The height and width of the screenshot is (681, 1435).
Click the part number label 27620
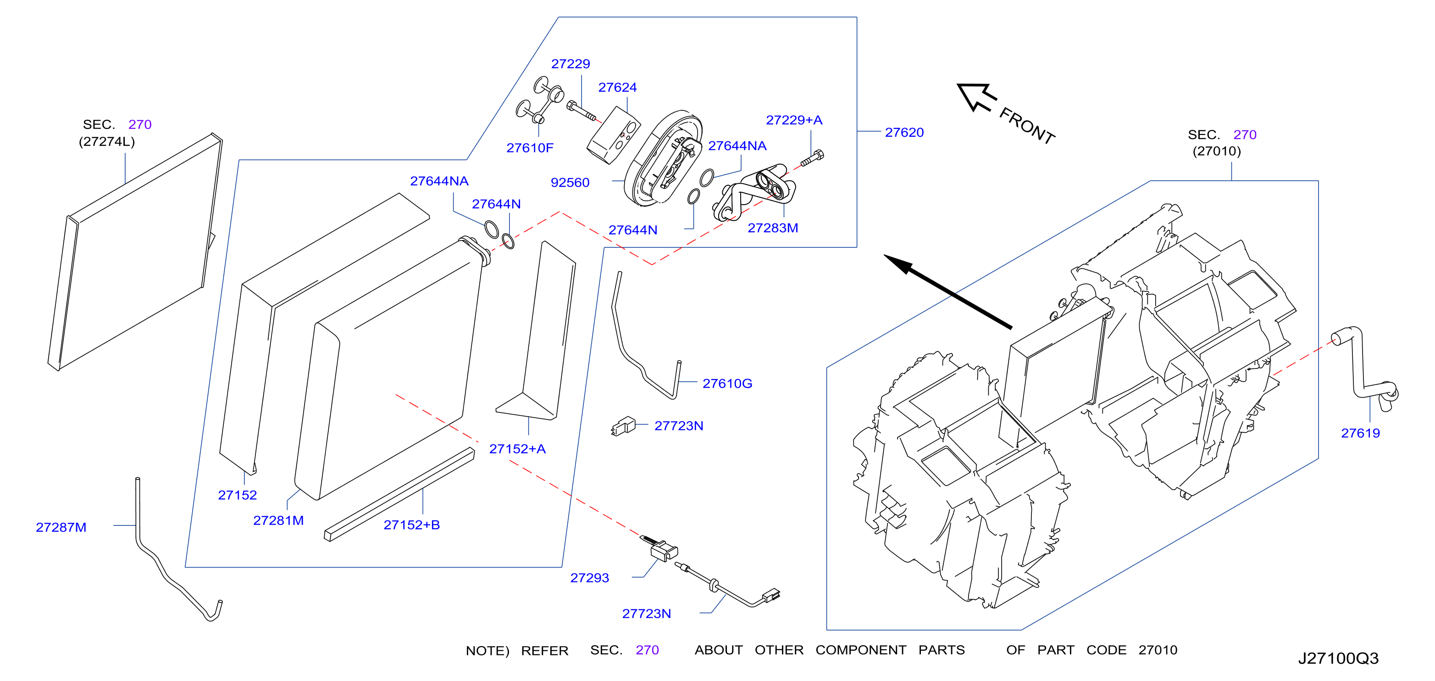tap(904, 132)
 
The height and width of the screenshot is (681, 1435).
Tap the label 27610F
tap(530, 148)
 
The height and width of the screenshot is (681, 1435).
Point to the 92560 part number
tap(570, 182)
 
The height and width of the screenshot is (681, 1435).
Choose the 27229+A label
tap(794, 120)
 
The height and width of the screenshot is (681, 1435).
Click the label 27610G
tap(727, 384)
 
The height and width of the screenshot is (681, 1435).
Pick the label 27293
tap(589, 578)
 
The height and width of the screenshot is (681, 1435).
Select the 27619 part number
tap(1360, 433)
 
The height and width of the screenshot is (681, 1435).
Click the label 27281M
tap(278, 520)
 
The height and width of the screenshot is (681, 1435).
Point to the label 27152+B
tap(412, 525)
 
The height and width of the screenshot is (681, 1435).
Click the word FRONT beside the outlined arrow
tap(1027, 126)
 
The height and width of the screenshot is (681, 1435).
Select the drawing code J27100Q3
tap(1338, 658)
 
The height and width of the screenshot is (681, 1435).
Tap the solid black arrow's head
tap(898, 264)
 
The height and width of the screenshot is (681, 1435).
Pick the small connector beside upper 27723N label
tap(623, 426)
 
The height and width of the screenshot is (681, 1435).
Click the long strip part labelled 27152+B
tap(399, 495)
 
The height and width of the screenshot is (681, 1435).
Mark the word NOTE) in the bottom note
tap(488, 651)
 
